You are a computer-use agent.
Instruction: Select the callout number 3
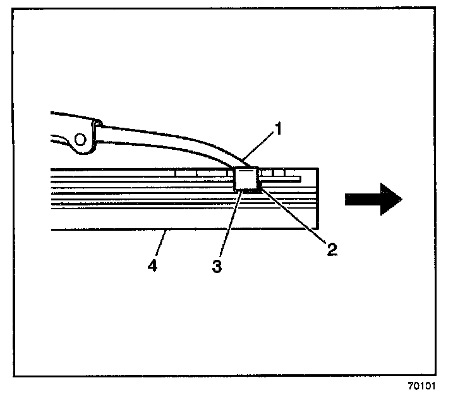click(x=217, y=266)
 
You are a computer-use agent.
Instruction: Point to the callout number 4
click(x=152, y=266)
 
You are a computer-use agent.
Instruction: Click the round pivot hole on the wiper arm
click(x=80, y=138)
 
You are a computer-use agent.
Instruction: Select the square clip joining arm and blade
click(x=246, y=179)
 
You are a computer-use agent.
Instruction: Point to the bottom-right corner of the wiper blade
click(x=317, y=229)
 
